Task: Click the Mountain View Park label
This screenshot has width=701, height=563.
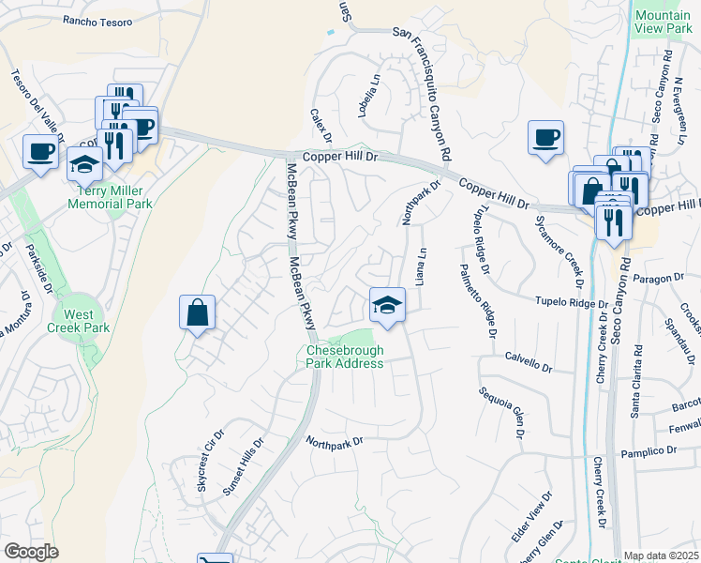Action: (663, 23)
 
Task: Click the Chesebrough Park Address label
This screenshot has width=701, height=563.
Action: (345, 357)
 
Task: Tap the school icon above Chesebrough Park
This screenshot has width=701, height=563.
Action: (387, 305)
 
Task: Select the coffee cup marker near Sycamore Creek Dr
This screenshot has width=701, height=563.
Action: (545, 138)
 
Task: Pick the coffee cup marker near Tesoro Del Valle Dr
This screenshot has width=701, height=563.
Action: (40, 152)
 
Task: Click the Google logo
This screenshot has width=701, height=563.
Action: (31, 552)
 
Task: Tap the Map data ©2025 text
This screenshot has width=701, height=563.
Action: (660, 555)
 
